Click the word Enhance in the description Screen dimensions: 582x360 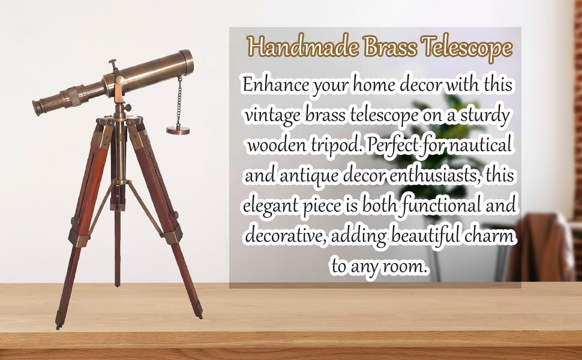tap(276, 85)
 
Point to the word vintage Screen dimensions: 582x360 tap(273, 116)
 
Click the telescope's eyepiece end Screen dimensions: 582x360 tap(38, 107)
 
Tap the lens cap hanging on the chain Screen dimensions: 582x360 tap(178, 130)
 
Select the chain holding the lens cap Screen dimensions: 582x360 tap(179, 101)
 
